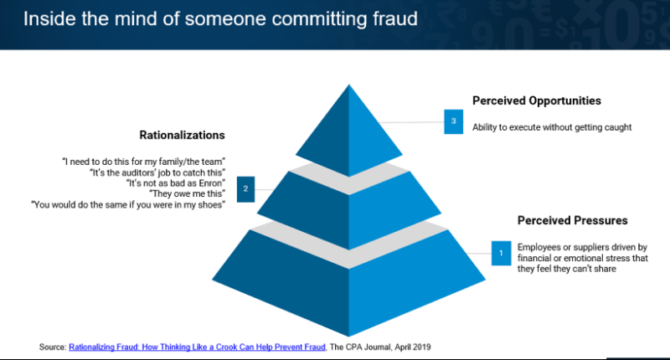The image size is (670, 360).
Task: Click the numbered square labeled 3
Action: pyautogui.click(x=453, y=121)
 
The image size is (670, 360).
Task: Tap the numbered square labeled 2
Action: pyautogui.click(x=245, y=189)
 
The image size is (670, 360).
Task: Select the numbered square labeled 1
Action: pyautogui.click(x=501, y=253)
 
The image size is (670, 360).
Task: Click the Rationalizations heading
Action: pyautogui.click(x=182, y=135)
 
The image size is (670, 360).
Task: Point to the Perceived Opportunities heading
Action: pyautogui.click(x=537, y=100)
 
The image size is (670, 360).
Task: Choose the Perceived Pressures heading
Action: pyautogui.click(x=573, y=220)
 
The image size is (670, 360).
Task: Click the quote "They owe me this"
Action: pyautogui.click(x=187, y=194)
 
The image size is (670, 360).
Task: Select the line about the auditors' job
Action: pyautogui.click(x=157, y=172)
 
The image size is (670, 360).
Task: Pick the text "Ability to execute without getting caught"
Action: pyautogui.click(x=552, y=127)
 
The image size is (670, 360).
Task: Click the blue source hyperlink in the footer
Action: pyautogui.click(x=197, y=347)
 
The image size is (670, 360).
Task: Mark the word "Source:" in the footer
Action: pyautogui.click(x=53, y=347)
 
